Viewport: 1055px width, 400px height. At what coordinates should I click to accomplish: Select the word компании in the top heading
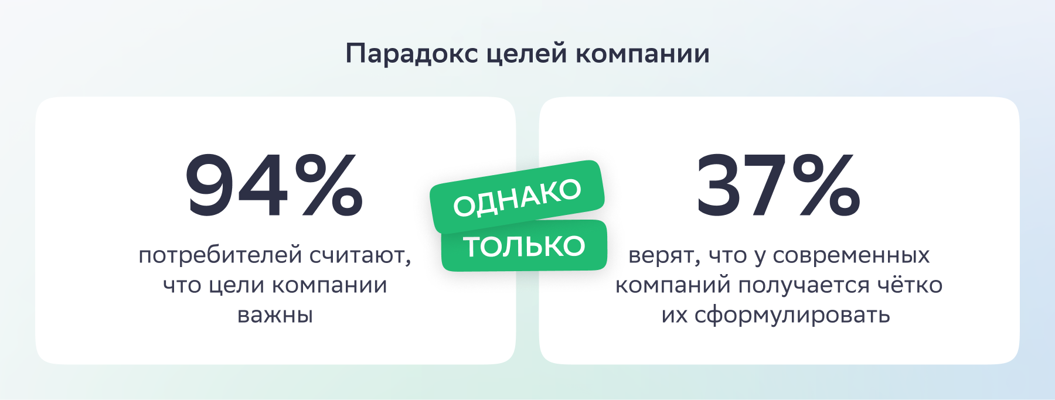pos(642,54)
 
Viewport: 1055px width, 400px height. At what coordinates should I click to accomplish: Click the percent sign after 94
pos(328,185)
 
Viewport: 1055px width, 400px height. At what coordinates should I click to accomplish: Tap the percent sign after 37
pos(826,185)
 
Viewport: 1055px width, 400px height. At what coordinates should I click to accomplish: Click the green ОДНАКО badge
pos(517,196)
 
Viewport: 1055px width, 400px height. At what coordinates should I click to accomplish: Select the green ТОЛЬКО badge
pos(524,246)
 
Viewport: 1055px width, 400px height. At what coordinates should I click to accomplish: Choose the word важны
pos(275,315)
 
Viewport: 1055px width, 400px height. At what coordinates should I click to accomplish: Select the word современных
pos(851,255)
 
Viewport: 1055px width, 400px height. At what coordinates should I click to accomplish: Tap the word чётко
pos(910,285)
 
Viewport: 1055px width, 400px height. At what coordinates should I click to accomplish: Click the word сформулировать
pos(792,316)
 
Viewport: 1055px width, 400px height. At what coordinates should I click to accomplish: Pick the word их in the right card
pos(674,315)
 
